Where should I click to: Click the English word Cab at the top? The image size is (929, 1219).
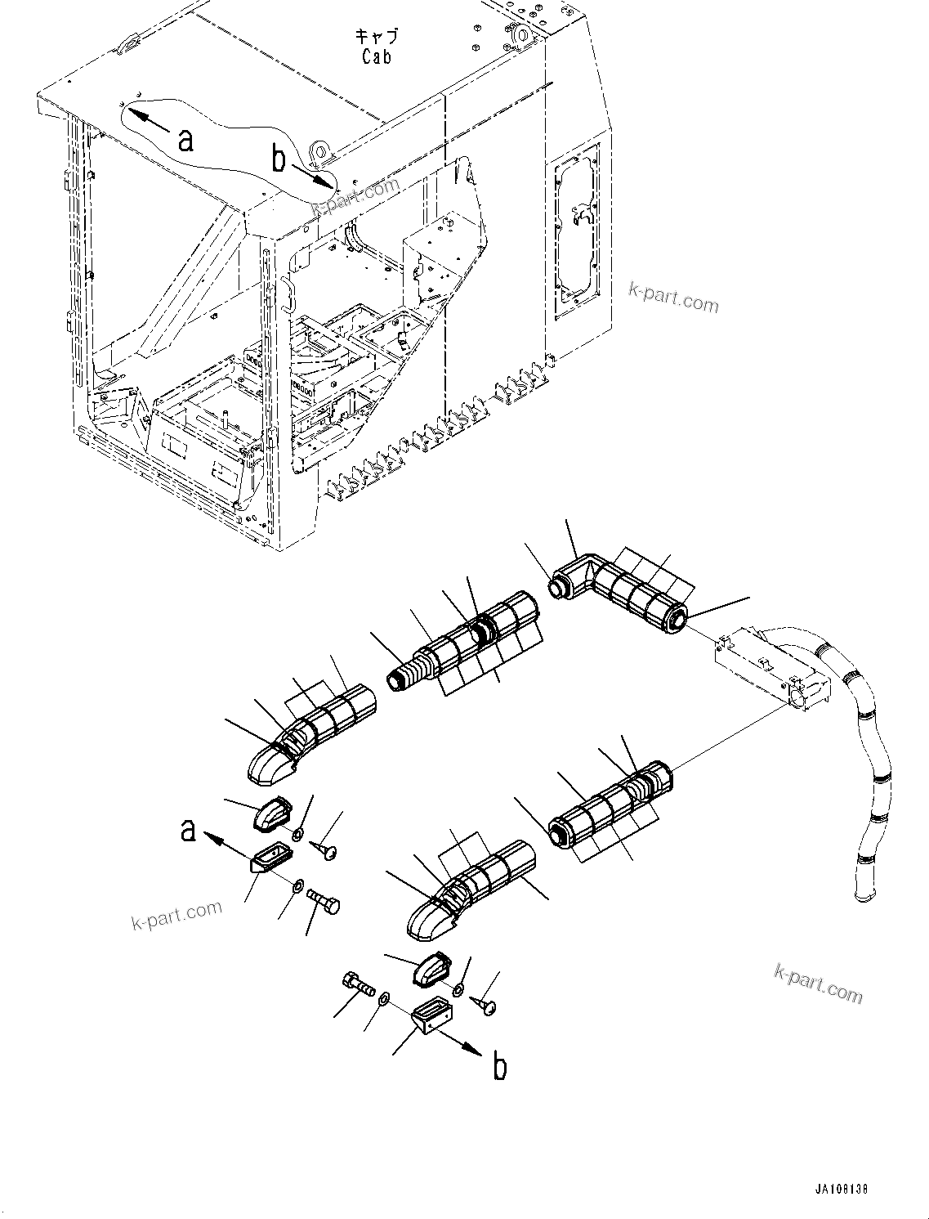pyautogui.click(x=377, y=56)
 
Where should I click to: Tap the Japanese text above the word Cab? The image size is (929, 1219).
pyautogui.click(x=377, y=37)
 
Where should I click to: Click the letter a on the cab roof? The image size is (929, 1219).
pyautogui.click(x=186, y=140)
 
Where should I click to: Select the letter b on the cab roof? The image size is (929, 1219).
pyautogui.click(x=279, y=160)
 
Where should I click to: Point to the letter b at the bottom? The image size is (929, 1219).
pyautogui.click(x=500, y=1067)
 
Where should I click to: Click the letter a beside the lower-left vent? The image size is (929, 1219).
pyautogui.click(x=189, y=830)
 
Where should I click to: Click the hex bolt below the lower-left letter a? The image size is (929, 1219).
pyautogui.click(x=325, y=903)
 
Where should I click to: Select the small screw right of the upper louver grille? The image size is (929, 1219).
pyautogui.click(x=328, y=851)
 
